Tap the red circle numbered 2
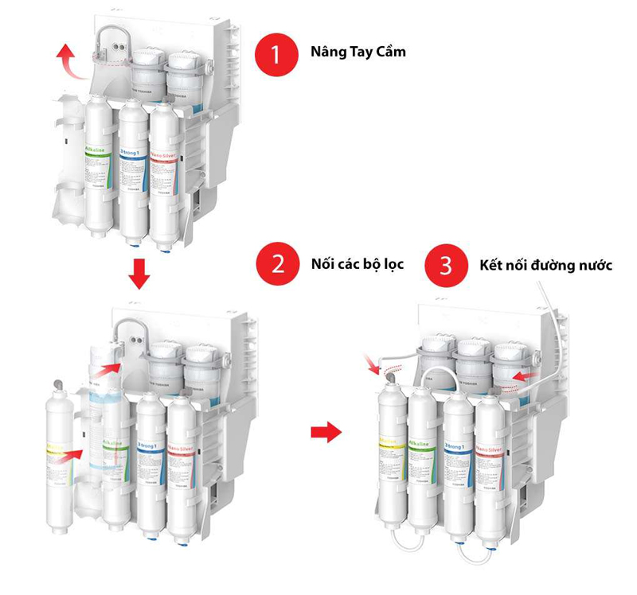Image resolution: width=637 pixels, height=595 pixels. coord(276,263)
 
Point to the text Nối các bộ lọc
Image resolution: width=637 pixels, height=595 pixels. coord(358,263)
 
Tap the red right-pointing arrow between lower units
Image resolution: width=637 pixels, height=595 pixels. coord(325,432)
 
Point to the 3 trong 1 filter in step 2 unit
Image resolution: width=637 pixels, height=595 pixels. coord(149,465)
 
